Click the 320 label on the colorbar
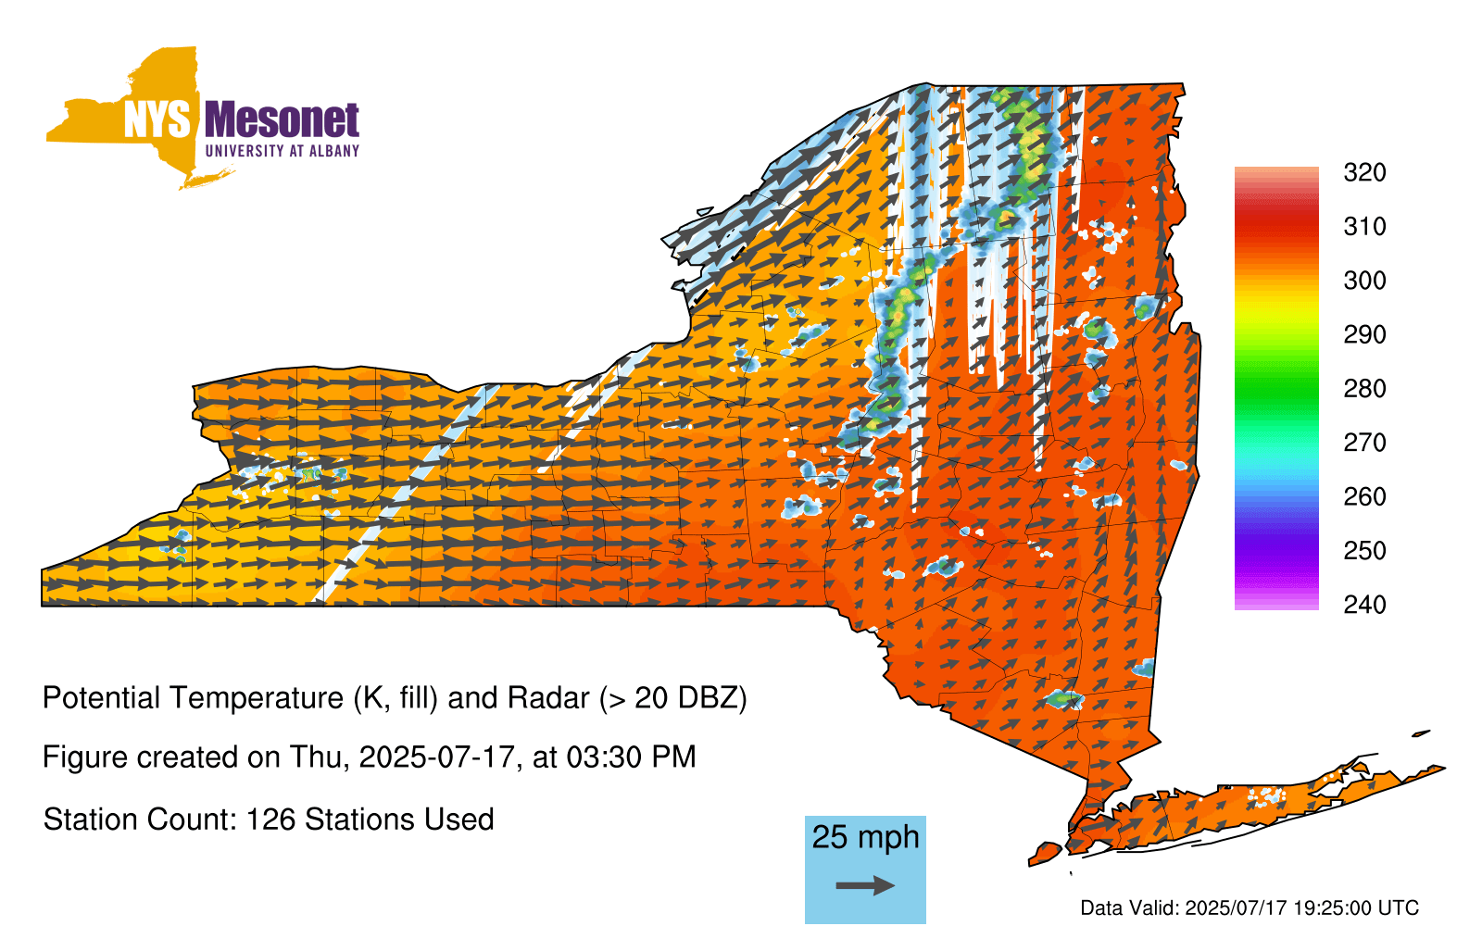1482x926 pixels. [1364, 172]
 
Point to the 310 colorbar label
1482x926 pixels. [1364, 227]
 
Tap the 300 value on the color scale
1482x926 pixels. [1364, 281]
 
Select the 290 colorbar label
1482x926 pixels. [1364, 334]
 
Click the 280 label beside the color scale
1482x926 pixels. [1364, 388]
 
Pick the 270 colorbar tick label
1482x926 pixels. [1364, 443]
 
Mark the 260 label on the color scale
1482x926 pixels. [1364, 496]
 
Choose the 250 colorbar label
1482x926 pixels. [1364, 550]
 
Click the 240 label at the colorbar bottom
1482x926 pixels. [1364, 605]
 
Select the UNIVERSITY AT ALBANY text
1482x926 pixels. [283, 151]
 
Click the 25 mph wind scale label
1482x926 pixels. [865, 837]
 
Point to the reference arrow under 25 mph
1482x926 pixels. [865, 885]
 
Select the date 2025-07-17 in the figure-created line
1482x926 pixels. [436, 757]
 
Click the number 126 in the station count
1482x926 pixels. [268, 820]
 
